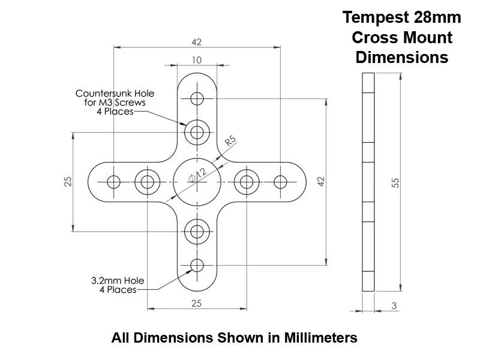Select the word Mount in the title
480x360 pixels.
[428, 37]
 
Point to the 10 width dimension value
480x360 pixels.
[197, 59]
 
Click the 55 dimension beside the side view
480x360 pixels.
[396, 182]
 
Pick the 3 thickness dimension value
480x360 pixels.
[394, 306]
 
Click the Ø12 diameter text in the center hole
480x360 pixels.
[196, 176]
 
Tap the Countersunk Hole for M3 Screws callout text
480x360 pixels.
[114, 102]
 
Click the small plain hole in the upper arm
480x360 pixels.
[197, 98]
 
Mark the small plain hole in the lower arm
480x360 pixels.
[197, 265]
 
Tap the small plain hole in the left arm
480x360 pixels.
[113, 182]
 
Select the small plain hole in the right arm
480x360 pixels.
[280, 182]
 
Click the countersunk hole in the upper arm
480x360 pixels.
[197, 131]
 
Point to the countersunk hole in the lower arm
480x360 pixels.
[197, 231]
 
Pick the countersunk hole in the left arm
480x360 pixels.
[146, 182]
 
